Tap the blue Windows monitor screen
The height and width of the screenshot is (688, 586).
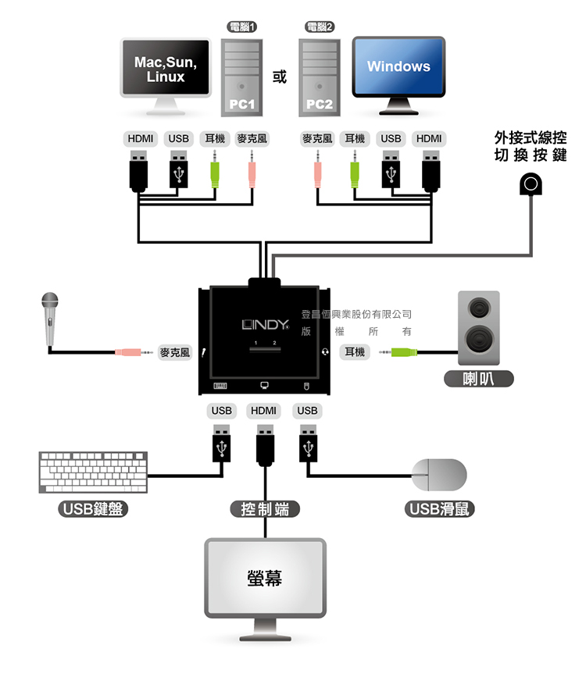[x=398, y=66]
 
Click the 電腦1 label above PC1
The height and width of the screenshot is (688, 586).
[x=242, y=27]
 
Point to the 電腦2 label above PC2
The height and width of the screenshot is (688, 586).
[x=319, y=27]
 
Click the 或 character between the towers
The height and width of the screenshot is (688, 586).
[x=280, y=77]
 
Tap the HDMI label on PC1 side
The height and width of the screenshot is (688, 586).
[x=141, y=139]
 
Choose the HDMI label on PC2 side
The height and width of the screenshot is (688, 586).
[x=429, y=139]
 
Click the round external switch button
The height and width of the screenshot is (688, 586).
[x=531, y=184]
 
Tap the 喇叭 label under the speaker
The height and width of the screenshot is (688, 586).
[x=477, y=379]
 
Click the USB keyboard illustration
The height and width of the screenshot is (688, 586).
[x=93, y=471]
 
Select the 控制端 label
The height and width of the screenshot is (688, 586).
[x=265, y=509]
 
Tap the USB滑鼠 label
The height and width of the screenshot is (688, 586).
[x=440, y=509]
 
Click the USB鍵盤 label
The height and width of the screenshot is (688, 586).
[x=94, y=509]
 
